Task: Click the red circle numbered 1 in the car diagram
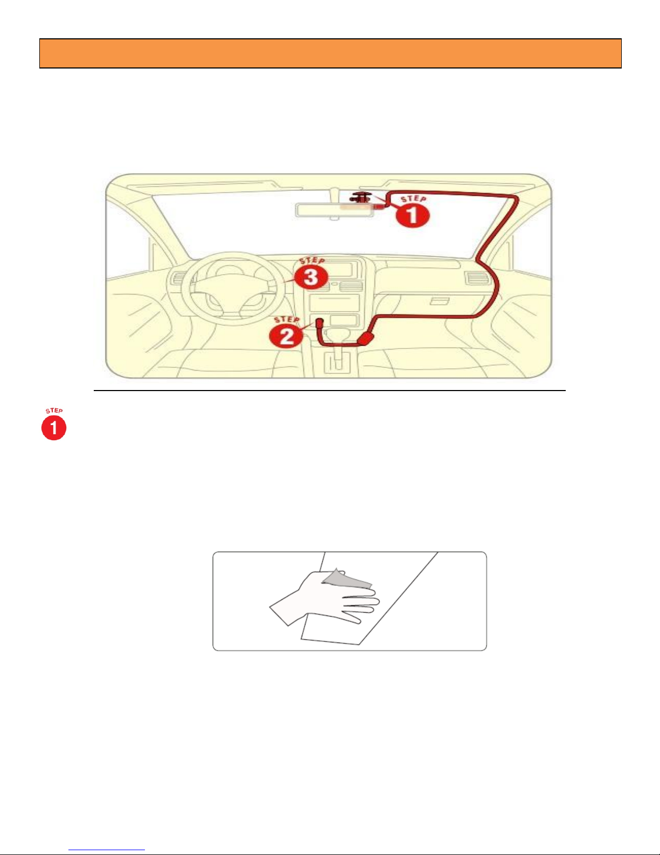(x=413, y=216)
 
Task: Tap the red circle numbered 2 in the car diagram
(x=287, y=337)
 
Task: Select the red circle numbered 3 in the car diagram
(x=311, y=277)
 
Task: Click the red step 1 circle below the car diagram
(x=54, y=428)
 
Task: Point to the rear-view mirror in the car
(x=335, y=210)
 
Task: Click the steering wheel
(x=233, y=289)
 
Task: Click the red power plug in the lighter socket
(x=319, y=324)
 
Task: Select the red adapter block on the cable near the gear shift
(x=366, y=338)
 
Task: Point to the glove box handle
(x=440, y=302)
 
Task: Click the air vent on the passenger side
(x=477, y=278)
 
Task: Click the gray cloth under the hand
(x=347, y=578)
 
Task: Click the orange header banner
(x=330, y=53)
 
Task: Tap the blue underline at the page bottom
(x=107, y=850)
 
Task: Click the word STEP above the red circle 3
(x=312, y=261)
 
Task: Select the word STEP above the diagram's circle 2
(x=287, y=319)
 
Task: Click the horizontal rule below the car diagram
(x=330, y=391)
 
